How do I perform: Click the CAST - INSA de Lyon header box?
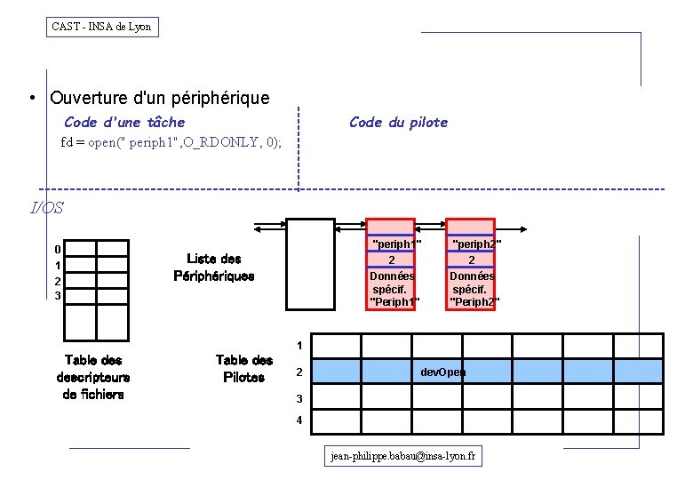pos(102,27)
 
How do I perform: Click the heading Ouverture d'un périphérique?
pos(160,98)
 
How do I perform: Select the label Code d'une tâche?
pos(124,122)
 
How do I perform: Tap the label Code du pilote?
pos(398,122)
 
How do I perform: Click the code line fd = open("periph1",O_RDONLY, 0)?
pos(171,142)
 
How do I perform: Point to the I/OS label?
pos(47,208)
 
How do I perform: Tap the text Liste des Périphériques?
pos(213,268)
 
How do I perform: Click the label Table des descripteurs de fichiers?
pos(92,377)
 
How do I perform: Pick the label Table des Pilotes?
pos(243,369)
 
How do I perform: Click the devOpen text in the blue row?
pos(442,372)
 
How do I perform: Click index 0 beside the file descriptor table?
pos(57,250)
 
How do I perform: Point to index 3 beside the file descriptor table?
pos(57,295)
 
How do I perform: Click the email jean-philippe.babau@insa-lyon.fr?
pos(402,456)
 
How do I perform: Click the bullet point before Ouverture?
pos(31,99)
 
